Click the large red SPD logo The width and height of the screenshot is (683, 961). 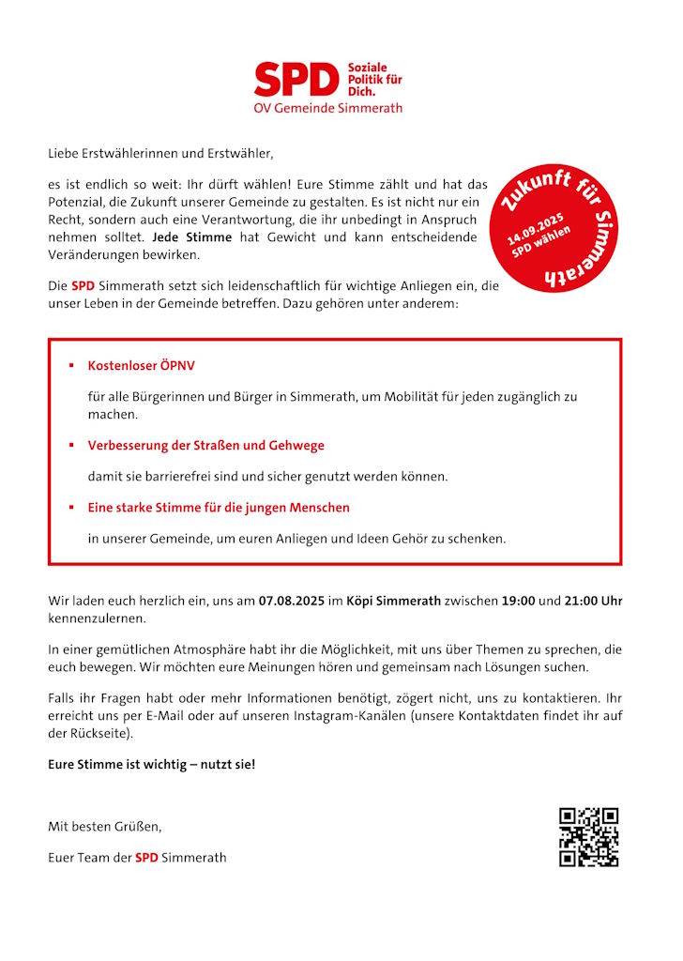[x=296, y=80]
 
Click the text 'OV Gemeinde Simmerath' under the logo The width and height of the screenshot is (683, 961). [x=327, y=108]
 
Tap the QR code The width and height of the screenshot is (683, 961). [x=588, y=836]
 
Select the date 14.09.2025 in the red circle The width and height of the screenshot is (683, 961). [x=535, y=231]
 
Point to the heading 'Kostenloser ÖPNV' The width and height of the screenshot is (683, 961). [x=142, y=365]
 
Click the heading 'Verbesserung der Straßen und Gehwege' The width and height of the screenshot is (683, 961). [x=206, y=445]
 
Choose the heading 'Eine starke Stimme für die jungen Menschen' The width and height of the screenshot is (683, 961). [x=219, y=507]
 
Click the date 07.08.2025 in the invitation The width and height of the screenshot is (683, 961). [x=290, y=602]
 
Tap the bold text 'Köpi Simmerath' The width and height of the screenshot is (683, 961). [x=393, y=602]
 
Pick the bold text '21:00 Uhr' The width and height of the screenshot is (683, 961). [x=593, y=602]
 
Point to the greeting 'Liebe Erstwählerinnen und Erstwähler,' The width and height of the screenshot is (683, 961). [x=160, y=152]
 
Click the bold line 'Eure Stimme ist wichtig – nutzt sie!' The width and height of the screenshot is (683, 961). [x=151, y=764]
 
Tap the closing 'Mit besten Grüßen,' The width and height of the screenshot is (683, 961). [x=105, y=827]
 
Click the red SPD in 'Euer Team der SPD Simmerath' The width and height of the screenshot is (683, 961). [x=146, y=857]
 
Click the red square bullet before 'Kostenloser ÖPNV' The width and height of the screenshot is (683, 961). [x=70, y=365]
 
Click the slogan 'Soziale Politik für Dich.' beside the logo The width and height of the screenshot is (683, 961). [x=374, y=80]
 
